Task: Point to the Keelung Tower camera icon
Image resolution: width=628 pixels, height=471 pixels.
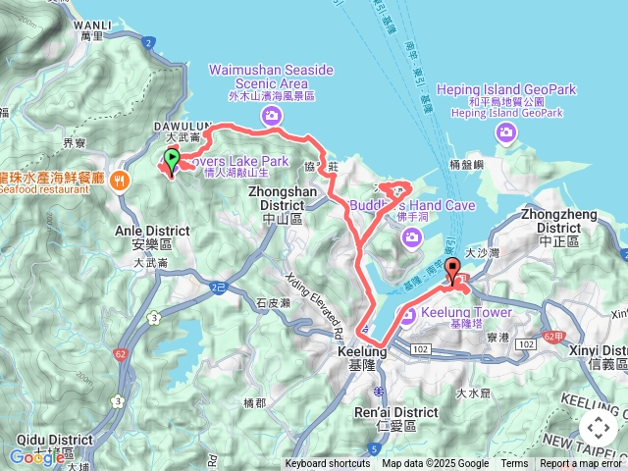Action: tap(405, 314)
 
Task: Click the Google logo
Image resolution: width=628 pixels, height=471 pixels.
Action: tap(36, 456)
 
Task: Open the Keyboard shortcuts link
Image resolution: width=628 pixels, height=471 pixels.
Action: tap(328, 464)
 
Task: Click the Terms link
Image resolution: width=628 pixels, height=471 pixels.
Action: tap(514, 464)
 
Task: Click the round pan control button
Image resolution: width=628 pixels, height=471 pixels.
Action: tap(598, 428)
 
